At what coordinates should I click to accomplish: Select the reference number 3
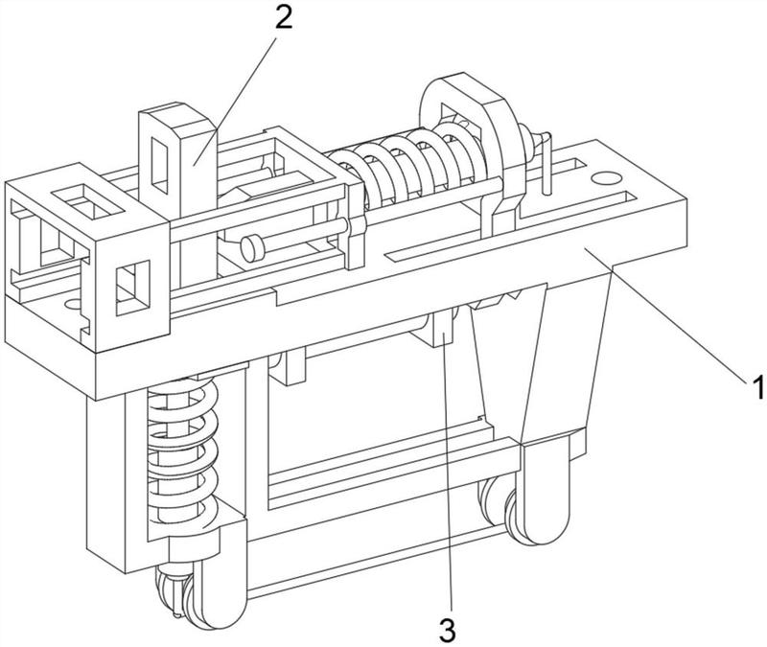(x=448, y=630)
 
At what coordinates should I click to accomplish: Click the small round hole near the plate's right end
(x=604, y=177)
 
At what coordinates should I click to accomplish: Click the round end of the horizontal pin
(x=251, y=247)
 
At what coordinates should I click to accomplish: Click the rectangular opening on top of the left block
(x=87, y=201)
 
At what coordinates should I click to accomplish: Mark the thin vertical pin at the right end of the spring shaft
(x=546, y=164)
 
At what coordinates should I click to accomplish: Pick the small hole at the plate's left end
(x=73, y=305)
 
